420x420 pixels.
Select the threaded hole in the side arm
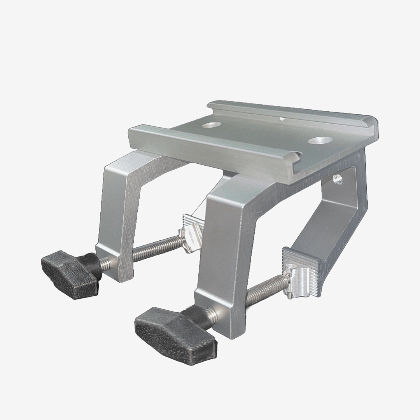338,179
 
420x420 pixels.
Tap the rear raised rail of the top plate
292,111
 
